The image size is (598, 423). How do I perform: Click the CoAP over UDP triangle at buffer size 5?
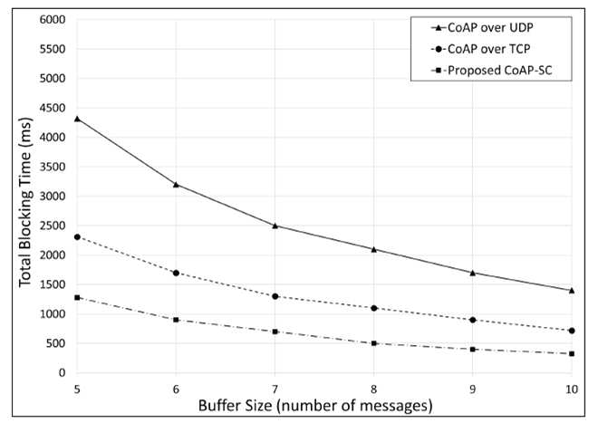point(77,119)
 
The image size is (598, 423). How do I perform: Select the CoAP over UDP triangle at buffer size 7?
point(275,226)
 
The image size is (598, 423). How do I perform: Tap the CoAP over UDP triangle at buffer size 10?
point(572,291)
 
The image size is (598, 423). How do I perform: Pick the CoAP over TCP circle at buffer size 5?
point(77,237)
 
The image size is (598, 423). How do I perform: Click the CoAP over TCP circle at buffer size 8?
point(373,308)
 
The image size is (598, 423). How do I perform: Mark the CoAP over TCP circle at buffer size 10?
point(572,331)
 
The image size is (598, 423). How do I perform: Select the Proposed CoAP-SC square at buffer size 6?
point(176,320)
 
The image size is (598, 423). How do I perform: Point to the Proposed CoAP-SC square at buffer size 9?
point(473,349)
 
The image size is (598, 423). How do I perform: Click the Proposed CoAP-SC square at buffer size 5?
point(77,297)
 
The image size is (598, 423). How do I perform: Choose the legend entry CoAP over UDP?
point(482,28)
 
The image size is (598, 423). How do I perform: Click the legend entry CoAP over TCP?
point(480,49)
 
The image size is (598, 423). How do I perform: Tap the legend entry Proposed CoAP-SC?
point(492,71)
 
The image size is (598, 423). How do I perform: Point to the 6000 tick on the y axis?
point(53,19)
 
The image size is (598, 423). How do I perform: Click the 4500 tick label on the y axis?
point(53,108)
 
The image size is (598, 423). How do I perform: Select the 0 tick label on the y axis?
point(62,372)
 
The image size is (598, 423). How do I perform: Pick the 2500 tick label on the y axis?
point(53,226)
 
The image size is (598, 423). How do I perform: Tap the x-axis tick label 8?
point(373,389)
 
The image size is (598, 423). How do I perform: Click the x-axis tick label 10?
point(572,389)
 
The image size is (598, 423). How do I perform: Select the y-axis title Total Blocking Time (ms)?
point(25,203)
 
